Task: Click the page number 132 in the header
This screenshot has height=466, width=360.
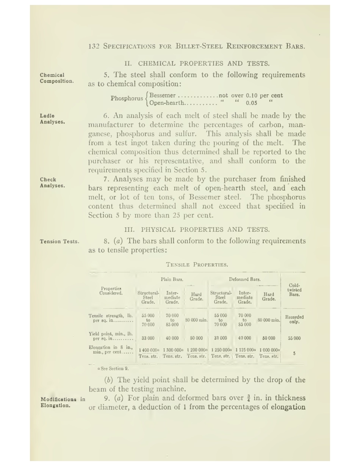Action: (93, 47)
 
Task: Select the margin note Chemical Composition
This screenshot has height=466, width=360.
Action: (57, 78)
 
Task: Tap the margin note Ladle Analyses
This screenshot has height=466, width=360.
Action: (52, 119)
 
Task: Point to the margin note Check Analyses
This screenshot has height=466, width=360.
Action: (52, 183)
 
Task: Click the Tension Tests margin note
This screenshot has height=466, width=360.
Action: (59, 241)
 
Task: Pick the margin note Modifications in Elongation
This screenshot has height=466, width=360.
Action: (63, 402)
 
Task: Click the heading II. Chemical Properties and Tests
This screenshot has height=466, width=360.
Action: (197, 64)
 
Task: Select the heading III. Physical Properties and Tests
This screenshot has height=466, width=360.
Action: (197, 230)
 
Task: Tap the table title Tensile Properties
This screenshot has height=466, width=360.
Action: (197, 264)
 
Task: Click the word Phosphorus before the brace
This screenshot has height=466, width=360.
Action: (127, 99)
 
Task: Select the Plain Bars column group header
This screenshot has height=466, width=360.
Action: (172, 280)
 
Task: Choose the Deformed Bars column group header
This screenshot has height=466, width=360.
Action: (244, 280)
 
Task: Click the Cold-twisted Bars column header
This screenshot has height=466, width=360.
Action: (294, 290)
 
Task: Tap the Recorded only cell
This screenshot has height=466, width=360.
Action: (294, 319)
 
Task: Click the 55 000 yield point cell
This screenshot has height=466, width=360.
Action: (294, 338)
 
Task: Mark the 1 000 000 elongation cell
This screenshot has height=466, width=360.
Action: (269, 350)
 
